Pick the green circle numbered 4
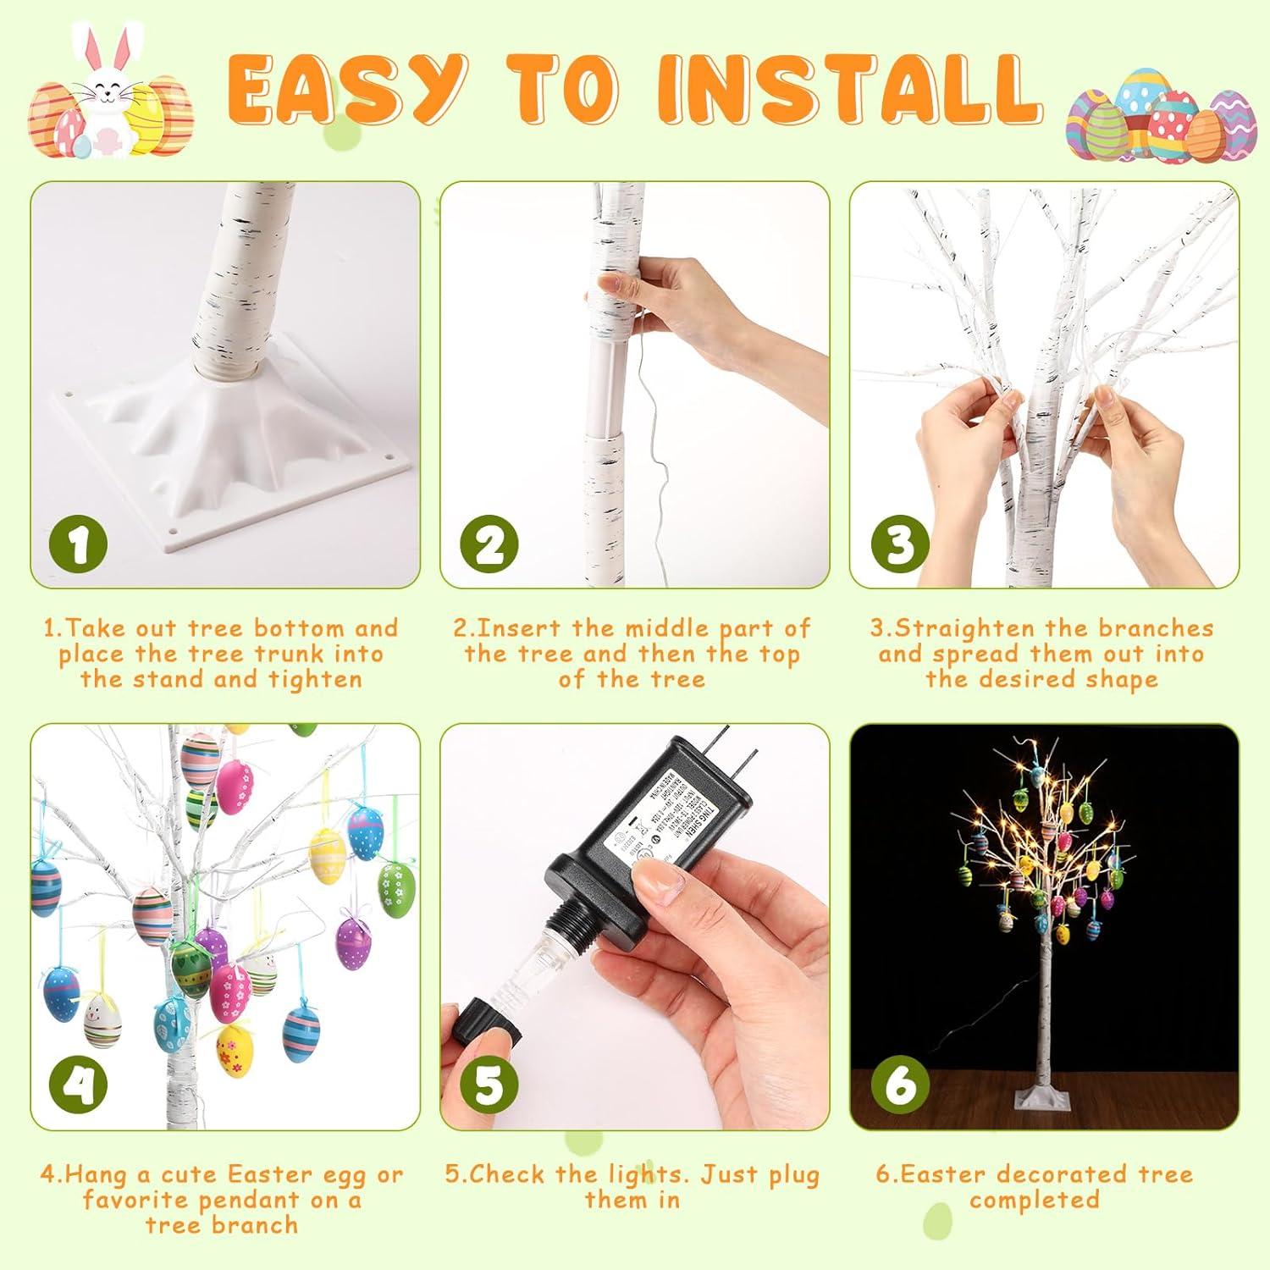click(x=79, y=1085)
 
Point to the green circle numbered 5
click(x=489, y=1085)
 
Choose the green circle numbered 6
click(x=899, y=1085)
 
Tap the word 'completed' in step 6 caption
click(x=1034, y=1200)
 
